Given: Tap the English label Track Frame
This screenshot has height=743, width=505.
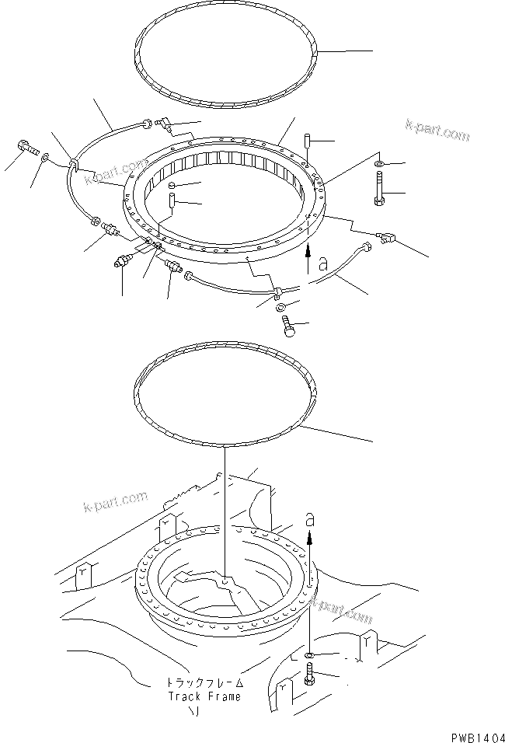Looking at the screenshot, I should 204,696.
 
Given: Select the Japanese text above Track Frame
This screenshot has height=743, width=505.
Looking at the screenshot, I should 204,682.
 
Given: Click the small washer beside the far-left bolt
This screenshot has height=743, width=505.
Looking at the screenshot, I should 48,158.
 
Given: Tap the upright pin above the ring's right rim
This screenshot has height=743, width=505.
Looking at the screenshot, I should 308,143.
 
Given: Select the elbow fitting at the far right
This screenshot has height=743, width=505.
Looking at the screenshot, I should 386,239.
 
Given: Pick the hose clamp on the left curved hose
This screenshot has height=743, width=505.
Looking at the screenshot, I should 73,164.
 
